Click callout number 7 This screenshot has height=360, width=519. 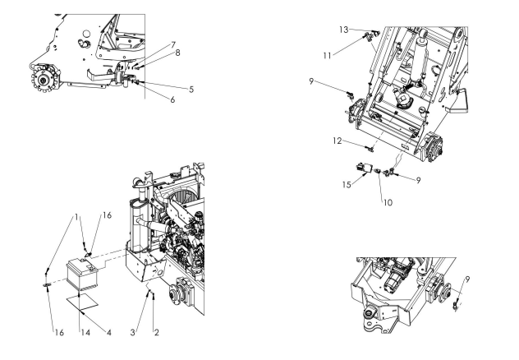click(x=173, y=44)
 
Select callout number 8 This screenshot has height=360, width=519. click(x=177, y=53)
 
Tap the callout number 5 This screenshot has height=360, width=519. click(x=191, y=90)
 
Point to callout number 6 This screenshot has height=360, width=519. click(x=172, y=99)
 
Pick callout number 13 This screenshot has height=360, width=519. click(x=344, y=30)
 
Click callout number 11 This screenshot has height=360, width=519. click(x=327, y=56)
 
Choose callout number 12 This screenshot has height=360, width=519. click(x=338, y=141)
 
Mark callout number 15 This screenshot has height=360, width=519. click(x=347, y=184)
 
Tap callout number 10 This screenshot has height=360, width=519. click(x=388, y=202)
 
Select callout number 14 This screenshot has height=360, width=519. click(x=85, y=332)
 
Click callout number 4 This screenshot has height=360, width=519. click(x=109, y=332)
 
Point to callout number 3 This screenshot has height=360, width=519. click(x=133, y=332)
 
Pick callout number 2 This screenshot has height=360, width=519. click(x=157, y=332)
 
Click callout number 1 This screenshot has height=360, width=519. click(x=77, y=217)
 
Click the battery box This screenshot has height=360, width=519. click(x=83, y=275)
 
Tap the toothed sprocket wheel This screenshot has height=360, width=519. click(x=44, y=78)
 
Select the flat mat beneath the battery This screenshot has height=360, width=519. click(x=82, y=302)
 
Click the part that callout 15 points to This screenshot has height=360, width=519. click(x=363, y=168)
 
